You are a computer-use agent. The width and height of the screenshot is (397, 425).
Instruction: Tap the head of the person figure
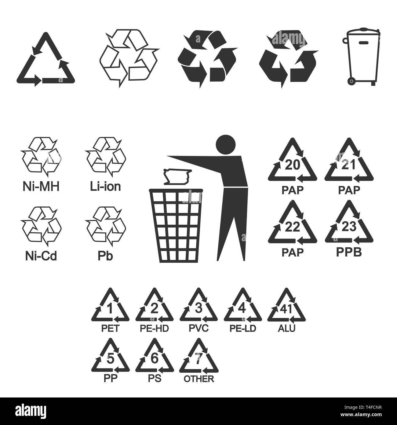pos(226,145)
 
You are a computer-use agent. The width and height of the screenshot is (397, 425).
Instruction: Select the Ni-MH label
pos(41,186)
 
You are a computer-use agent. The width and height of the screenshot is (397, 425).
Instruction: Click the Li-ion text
pos(105,186)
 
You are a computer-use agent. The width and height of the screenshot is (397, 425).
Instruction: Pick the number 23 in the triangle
pos(349,227)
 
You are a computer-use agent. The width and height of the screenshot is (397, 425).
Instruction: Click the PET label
pos(110,328)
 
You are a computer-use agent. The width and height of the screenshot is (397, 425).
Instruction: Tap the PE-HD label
pos(154,328)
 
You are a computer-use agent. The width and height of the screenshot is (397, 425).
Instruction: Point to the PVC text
pos(198,328)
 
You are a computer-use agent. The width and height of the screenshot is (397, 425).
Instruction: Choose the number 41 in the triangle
pos(286,309)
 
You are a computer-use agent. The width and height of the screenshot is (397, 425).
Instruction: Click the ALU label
pos(286,328)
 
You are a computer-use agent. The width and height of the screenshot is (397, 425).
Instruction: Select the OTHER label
pos(199,379)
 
